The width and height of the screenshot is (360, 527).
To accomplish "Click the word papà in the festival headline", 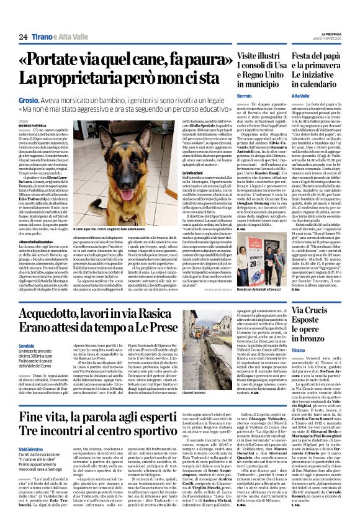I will click(x=338, y=56).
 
